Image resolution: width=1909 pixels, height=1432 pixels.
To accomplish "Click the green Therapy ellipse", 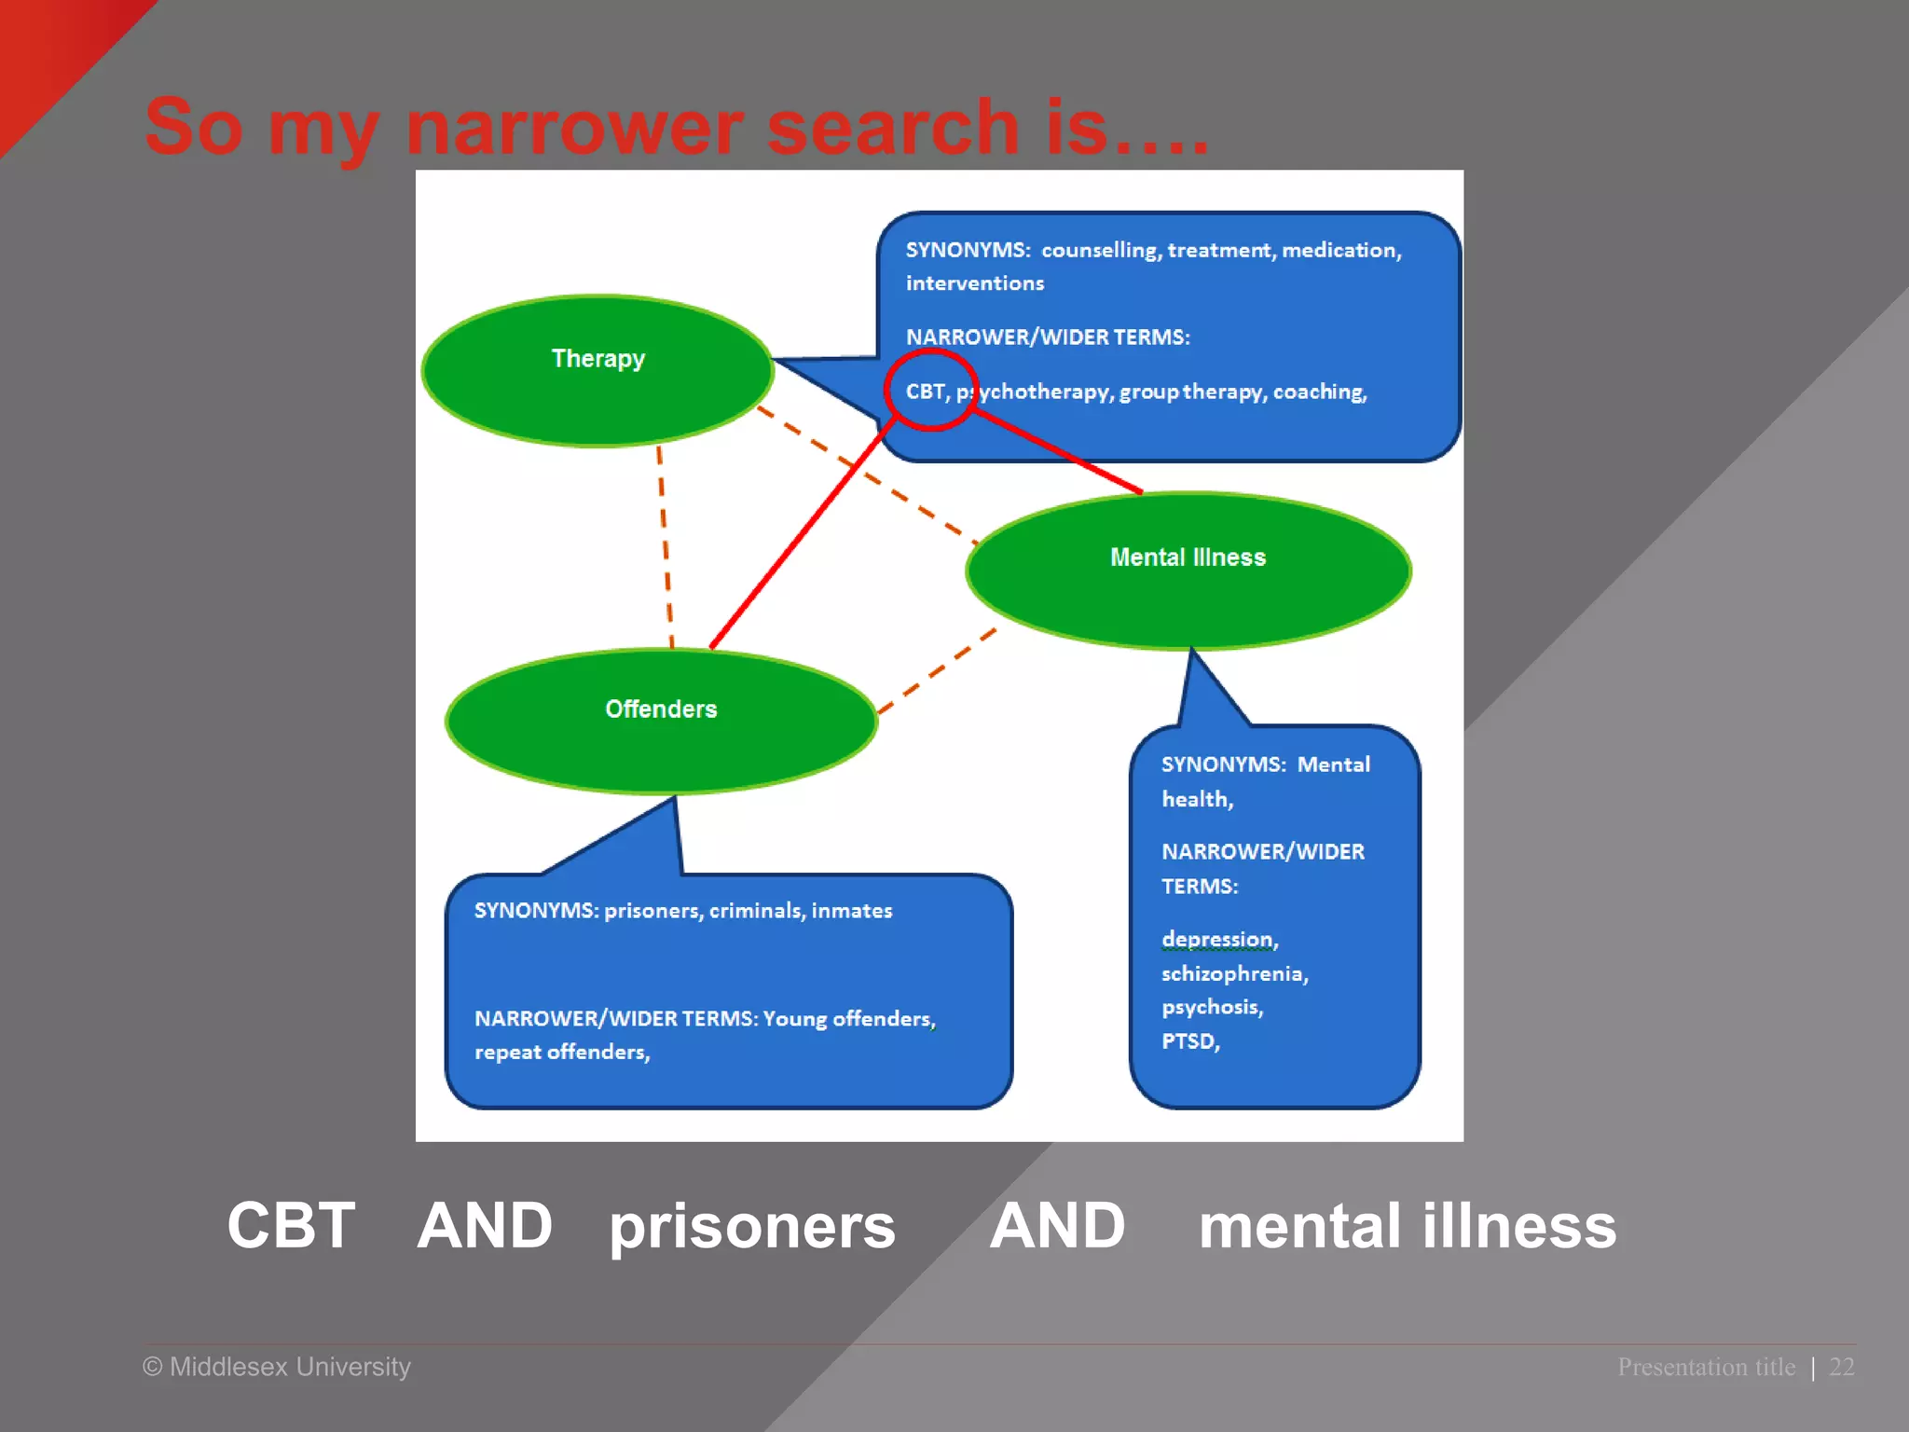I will tap(597, 371).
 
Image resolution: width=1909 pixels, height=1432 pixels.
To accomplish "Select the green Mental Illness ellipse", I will tap(1188, 570).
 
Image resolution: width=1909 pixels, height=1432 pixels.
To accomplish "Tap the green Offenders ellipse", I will tap(661, 721).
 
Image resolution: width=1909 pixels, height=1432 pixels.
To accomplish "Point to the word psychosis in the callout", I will tap(1212, 1007).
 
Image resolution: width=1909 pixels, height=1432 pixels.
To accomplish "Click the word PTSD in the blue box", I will tap(1189, 1041).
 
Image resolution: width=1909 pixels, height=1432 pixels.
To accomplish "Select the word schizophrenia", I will tap(1234, 973).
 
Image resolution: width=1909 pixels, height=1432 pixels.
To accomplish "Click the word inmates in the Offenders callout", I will tap(851, 911).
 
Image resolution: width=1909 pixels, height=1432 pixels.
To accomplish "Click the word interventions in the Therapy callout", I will tap(975, 283).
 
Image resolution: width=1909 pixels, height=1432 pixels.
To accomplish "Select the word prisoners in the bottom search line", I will tap(752, 1227).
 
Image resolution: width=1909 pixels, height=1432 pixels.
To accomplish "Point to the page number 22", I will tap(1841, 1367).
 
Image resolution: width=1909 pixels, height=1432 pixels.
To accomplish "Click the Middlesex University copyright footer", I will tap(277, 1367).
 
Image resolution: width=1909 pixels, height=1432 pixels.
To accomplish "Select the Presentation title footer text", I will tap(1706, 1367).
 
